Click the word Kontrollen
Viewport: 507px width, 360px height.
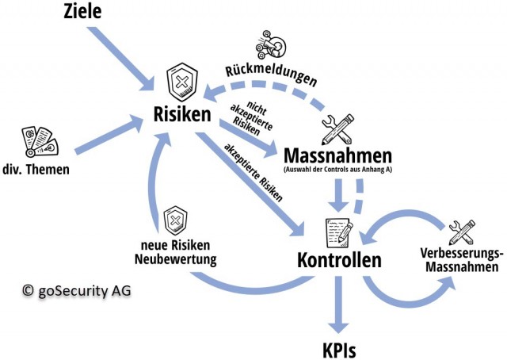(x=339, y=259)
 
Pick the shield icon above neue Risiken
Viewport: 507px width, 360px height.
(x=176, y=220)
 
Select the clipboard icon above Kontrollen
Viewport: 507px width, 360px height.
(x=339, y=231)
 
